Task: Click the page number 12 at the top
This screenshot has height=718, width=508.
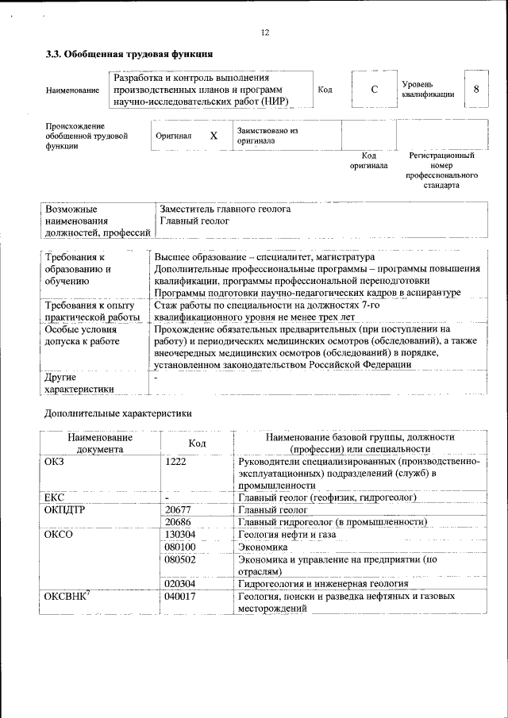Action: coord(265,33)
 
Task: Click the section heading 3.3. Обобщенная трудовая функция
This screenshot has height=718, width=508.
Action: coord(129,55)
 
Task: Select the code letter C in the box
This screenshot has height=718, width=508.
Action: coord(374,90)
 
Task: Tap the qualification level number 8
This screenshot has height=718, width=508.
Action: coord(476,89)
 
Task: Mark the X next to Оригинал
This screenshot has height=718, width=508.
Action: coord(214,136)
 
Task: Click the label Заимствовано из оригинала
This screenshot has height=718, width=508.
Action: coord(267,135)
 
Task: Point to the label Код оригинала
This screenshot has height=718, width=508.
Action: coord(369,160)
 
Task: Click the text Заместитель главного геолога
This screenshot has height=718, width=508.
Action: coord(225,209)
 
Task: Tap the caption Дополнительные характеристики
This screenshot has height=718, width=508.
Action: coord(118,413)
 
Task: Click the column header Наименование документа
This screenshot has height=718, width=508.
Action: coord(100,443)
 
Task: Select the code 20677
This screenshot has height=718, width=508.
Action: coord(179,509)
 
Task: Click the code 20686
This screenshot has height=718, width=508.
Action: coord(179,522)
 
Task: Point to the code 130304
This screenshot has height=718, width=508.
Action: coord(181,535)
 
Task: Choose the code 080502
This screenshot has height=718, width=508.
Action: coord(181,559)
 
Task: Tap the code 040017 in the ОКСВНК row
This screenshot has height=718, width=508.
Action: coord(181,596)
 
